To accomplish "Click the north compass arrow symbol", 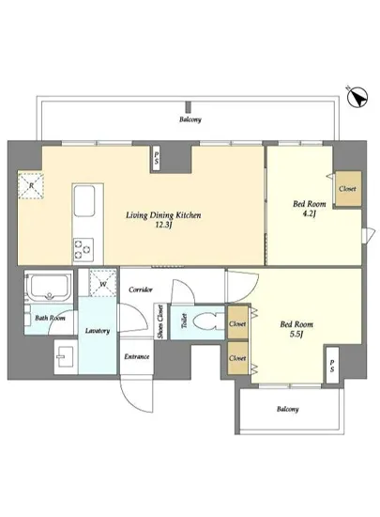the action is point(357,97).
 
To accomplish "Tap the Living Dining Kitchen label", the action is point(163,215).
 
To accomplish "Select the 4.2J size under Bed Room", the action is point(310,214).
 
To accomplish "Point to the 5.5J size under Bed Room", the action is point(296,335).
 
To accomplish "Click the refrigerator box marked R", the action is point(31,185).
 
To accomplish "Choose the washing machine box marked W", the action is point(103,283).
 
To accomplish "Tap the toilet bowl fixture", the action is point(204,321).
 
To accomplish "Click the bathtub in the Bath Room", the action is point(50,287).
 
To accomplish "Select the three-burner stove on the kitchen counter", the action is point(83,250).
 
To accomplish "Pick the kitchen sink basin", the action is point(84,201).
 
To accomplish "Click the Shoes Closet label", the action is point(160,322).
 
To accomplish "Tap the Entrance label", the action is point(137,356).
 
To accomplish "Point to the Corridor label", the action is point(141,290).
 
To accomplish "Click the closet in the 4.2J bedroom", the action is point(348,189).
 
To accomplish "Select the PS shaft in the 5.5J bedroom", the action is point(332,366).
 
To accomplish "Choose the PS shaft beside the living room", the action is point(157,159).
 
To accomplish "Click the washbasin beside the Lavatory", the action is point(66,357).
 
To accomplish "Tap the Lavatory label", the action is point(98,331).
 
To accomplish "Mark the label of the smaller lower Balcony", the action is point(288,409).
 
